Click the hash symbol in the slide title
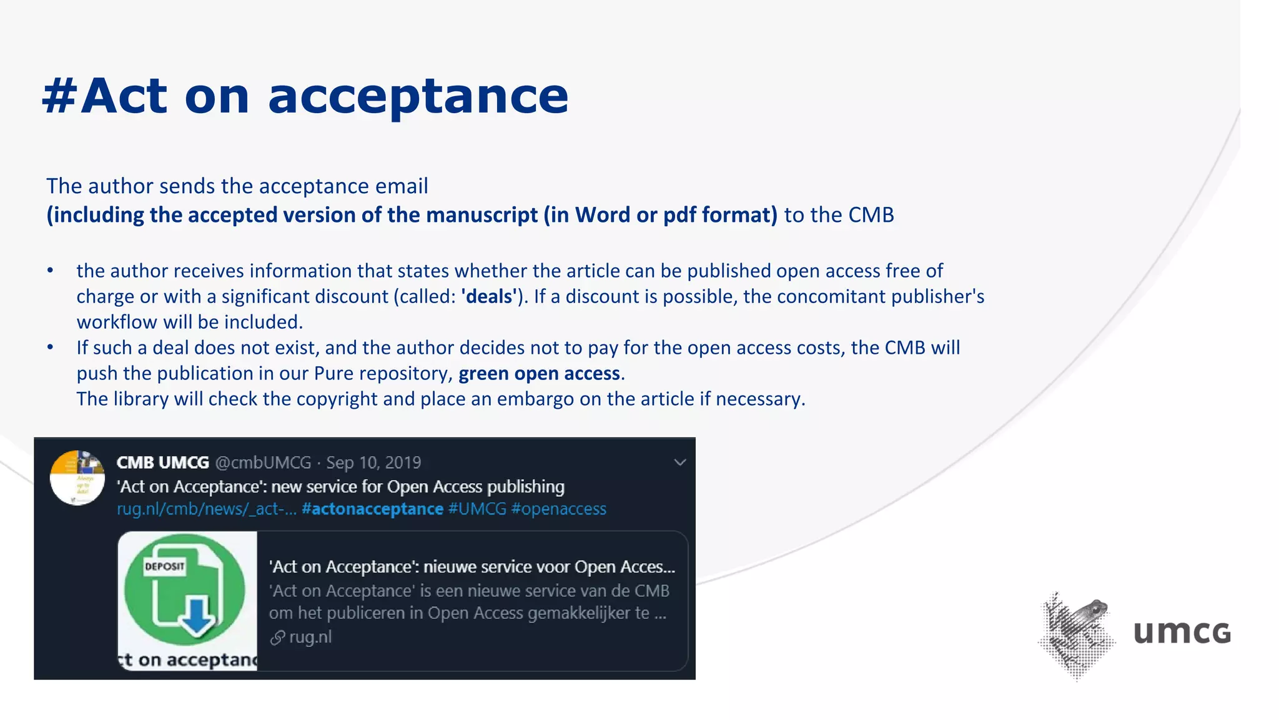(x=60, y=97)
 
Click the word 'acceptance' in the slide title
(x=418, y=97)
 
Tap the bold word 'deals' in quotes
(x=489, y=296)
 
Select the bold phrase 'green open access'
(x=540, y=374)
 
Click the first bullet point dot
(x=51, y=271)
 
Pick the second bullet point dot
(x=51, y=347)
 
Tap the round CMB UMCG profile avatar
(x=77, y=478)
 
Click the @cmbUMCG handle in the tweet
(x=263, y=462)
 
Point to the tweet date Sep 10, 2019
(x=373, y=462)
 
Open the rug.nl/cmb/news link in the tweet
(x=206, y=509)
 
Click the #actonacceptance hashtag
(x=372, y=509)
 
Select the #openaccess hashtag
(x=558, y=509)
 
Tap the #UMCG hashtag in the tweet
(x=477, y=509)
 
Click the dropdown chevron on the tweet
(x=680, y=462)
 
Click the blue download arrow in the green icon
(x=197, y=616)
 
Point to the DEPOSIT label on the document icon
(x=164, y=567)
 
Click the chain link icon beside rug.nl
(x=277, y=637)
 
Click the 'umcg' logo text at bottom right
(x=1182, y=632)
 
